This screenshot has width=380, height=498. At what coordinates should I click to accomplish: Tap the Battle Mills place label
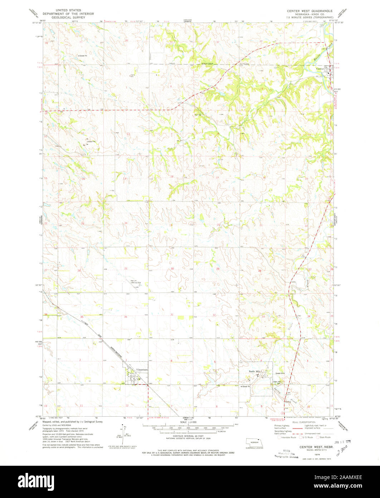[256, 372]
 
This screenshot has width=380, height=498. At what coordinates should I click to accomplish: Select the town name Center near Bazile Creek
[320, 69]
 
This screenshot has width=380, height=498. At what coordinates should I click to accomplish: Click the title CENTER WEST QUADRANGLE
[310, 11]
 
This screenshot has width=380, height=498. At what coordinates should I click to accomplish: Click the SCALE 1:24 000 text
[189, 422]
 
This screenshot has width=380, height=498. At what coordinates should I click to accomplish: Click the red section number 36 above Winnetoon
[125, 316]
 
